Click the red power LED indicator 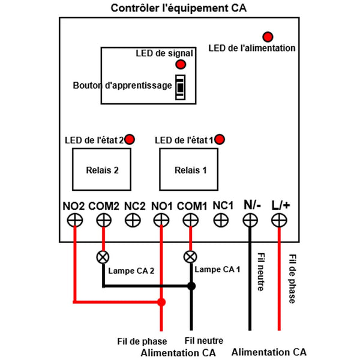click(268, 37)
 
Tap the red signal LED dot click(181, 64)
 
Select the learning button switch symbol click(180, 87)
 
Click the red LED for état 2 click(130, 139)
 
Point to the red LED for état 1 click(220, 139)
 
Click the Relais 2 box click(102, 169)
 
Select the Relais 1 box click(189, 169)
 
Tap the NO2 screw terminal click(75, 220)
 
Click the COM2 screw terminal click(104, 220)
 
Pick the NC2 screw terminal click(133, 220)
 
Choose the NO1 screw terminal click(161, 220)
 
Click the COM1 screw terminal click(191, 220)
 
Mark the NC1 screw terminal click(221, 220)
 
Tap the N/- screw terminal click(250, 220)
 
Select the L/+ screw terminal click(279, 220)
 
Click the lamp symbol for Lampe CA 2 click(103, 257)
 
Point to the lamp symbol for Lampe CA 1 click(190, 257)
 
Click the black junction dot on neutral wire click(191, 286)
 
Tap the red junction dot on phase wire click(161, 302)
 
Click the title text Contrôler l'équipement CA click(179, 8)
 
